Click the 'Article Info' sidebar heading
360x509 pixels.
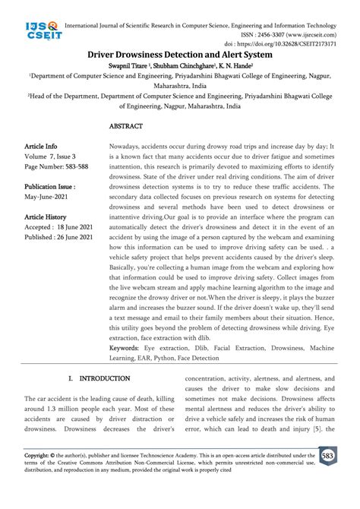click(41, 146)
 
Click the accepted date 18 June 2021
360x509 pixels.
click(77, 226)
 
